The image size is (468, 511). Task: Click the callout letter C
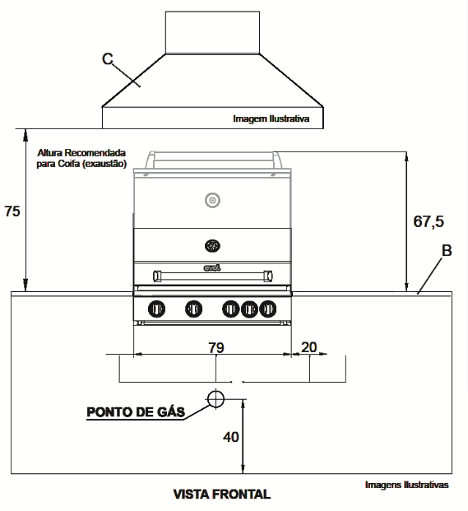pyautogui.click(x=108, y=59)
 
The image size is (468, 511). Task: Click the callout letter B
pyautogui.click(x=447, y=251)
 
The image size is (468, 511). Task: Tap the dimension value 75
pyautogui.click(x=12, y=211)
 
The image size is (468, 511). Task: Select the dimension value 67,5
pyautogui.click(x=429, y=221)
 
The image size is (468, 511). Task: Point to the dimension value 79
pyautogui.click(x=216, y=347)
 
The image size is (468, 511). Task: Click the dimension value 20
pyautogui.click(x=308, y=347)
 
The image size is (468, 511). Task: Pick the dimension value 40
pyautogui.click(x=231, y=437)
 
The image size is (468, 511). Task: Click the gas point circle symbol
pyautogui.click(x=216, y=398)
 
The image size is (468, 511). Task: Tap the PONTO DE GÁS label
pyautogui.click(x=136, y=412)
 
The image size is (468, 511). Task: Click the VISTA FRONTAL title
pyautogui.click(x=222, y=495)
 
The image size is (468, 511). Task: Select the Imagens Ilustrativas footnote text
pyautogui.click(x=407, y=485)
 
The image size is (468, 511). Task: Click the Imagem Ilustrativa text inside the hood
pyautogui.click(x=271, y=118)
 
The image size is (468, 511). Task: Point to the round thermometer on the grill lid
pyautogui.click(x=212, y=200)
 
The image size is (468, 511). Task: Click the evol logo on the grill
pyautogui.click(x=212, y=268)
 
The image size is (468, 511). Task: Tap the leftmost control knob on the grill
pyautogui.click(x=156, y=309)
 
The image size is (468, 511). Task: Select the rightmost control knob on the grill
pyautogui.click(x=267, y=309)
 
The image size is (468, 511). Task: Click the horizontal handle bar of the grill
pyautogui.click(x=213, y=276)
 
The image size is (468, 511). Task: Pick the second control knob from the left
pyautogui.click(x=194, y=309)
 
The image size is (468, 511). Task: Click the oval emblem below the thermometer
pyautogui.click(x=212, y=245)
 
